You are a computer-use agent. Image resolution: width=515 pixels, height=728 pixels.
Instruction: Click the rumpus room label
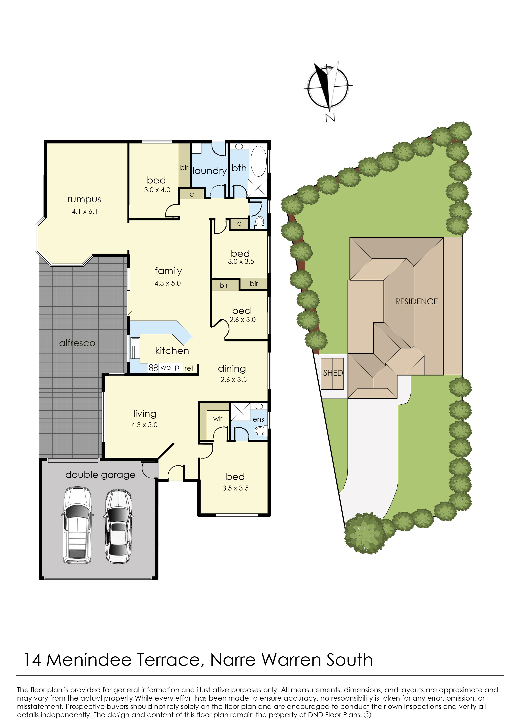(84, 200)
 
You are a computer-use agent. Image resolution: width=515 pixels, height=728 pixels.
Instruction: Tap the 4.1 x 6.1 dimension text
(85, 212)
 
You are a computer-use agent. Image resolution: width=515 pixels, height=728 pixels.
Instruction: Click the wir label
(218, 418)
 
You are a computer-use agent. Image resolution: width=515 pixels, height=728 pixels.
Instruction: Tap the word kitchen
(172, 350)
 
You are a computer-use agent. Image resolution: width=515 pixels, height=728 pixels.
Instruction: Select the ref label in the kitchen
(189, 368)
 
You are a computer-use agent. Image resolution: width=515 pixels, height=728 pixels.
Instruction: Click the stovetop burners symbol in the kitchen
(153, 368)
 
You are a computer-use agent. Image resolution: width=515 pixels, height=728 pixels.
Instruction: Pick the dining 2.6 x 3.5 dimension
(234, 379)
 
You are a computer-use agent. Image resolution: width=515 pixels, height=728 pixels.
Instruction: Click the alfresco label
(77, 343)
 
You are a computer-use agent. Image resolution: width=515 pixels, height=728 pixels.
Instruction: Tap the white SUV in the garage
(77, 525)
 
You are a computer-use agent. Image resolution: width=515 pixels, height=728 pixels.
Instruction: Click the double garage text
(100, 475)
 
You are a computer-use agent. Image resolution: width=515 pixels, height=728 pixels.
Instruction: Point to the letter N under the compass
(330, 118)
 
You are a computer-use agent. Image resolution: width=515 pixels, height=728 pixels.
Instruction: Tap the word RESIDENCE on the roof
(416, 302)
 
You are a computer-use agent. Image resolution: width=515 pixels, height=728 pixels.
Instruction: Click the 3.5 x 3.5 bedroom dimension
(235, 488)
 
